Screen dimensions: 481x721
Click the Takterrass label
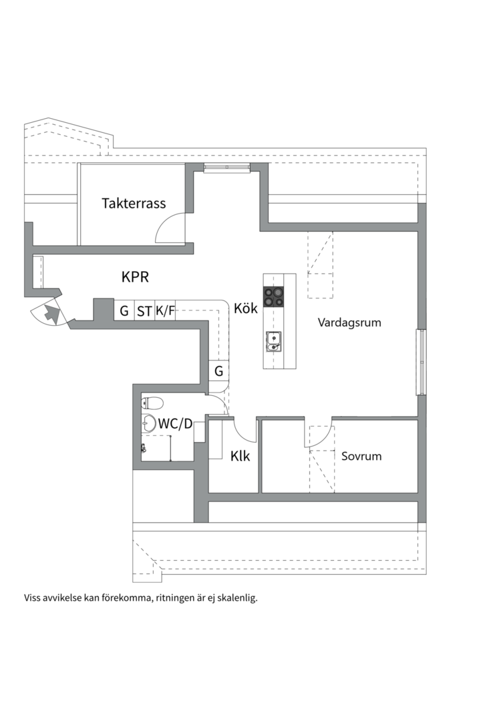(x=134, y=203)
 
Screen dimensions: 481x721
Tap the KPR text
(x=135, y=277)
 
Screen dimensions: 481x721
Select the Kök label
(x=245, y=308)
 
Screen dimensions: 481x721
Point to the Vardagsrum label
(x=349, y=322)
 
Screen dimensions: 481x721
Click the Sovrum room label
(x=361, y=456)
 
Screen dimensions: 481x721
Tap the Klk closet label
(x=240, y=456)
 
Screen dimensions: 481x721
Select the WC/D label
(x=175, y=423)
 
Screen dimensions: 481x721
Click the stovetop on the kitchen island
(x=273, y=296)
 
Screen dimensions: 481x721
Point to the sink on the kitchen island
(x=273, y=340)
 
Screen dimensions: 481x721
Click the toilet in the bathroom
(x=152, y=403)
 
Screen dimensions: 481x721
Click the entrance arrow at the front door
(x=52, y=314)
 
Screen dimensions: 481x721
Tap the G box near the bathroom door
(x=218, y=371)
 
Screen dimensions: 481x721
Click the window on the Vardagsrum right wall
(x=421, y=362)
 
